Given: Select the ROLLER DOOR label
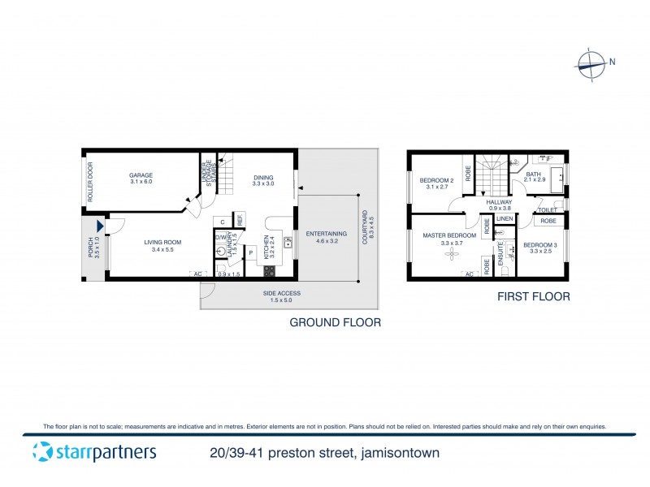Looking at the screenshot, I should [x=91, y=183].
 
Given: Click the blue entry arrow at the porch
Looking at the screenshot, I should [x=100, y=227].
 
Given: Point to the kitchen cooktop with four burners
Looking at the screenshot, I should [x=269, y=270].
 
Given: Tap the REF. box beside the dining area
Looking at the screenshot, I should [x=240, y=219].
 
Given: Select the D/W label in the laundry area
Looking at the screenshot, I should [x=220, y=237].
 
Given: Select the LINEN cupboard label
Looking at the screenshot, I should [x=504, y=219].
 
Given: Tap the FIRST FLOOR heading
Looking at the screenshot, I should [x=533, y=298].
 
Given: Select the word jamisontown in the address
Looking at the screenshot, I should [x=398, y=454].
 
